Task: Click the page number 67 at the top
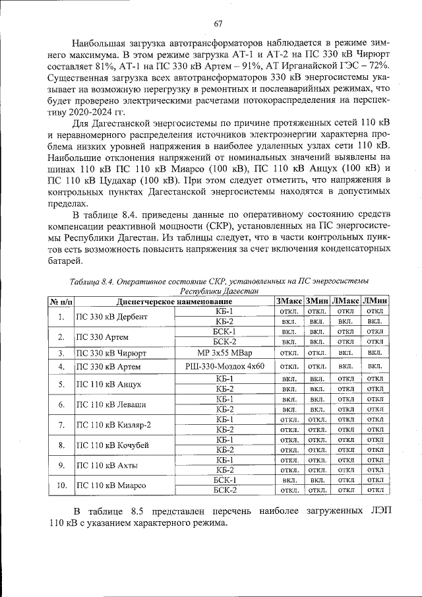218,24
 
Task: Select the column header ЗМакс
288,301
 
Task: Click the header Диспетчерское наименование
173,301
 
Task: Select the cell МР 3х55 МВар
225,353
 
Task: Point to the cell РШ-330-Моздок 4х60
225,365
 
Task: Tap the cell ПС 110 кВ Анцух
107,384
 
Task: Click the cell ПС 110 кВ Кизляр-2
113,424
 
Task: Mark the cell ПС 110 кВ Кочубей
111,445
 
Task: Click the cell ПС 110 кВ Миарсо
111,486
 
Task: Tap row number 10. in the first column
61,486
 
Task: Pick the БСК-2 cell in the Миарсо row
225,490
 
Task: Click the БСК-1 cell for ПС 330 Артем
225,331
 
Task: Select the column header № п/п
61,301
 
